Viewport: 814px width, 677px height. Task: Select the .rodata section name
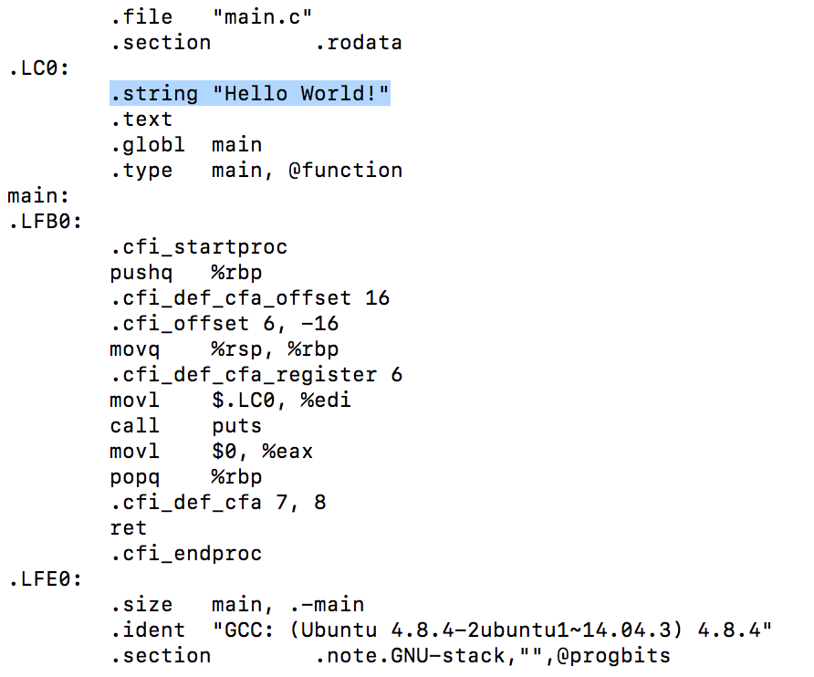pos(359,43)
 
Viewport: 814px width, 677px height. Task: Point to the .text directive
pos(141,120)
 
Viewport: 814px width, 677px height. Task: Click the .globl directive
pos(147,145)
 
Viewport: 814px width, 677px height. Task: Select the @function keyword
pos(346,171)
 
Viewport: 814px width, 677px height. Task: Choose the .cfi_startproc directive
pos(198,247)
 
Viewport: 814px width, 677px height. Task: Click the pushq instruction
pos(141,273)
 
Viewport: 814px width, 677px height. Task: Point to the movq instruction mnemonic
pos(134,349)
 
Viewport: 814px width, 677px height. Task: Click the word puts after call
pos(236,426)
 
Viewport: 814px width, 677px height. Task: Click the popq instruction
pos(134,477)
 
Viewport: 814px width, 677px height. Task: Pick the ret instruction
pos(128,528)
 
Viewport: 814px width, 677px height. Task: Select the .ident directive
pos(147,630)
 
